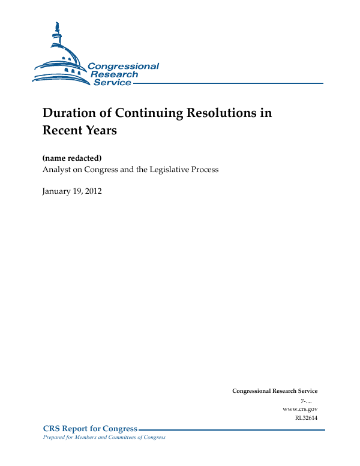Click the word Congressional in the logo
click(124, 67)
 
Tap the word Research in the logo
click(114, 74)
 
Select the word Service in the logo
click(112, 82)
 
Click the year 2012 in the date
click(93, 191)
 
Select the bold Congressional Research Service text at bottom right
click(275, 391)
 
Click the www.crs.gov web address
click(299, 408)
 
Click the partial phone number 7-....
click(307, 400)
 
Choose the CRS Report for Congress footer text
click(91, 429)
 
